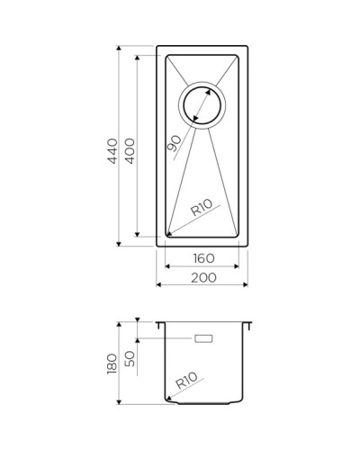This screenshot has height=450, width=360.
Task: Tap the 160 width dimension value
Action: point(202,259)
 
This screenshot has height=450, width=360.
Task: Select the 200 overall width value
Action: point(202,278)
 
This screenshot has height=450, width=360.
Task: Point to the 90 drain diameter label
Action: point(175,139)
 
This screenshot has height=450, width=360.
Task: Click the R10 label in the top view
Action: point(201,211)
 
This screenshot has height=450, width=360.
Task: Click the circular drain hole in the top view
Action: point(202,106)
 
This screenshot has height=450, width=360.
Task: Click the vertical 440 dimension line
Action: point(120,145)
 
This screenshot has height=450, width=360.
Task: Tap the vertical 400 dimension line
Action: point(137,145)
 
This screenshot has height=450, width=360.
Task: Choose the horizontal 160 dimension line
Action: point(202,267)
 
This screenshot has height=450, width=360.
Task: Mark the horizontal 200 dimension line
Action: point(202,285)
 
